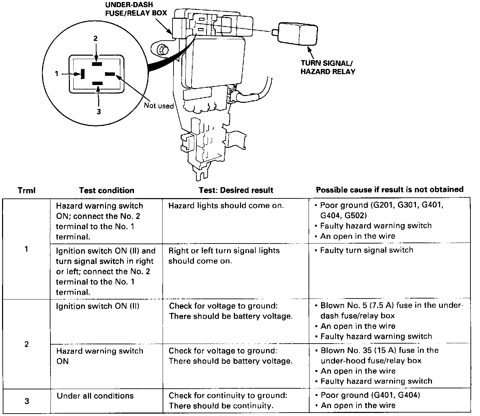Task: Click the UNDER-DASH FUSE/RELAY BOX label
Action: pos(136,9)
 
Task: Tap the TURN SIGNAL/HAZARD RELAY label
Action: pos(328,67)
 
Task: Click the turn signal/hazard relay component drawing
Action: pos(298,33)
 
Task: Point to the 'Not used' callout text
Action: pos(159,106)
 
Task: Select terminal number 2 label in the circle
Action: pos(96,39)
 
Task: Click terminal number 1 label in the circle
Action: pos(57,73)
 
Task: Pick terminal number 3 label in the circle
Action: pos(99,112)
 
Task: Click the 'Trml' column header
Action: pos(27,190)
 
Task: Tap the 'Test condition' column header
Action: pos(106,190)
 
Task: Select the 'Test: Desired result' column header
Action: pos(236,190)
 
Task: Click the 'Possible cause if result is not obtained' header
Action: pos(390,190)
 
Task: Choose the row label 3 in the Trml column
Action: pos(27,401)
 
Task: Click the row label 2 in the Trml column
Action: pos(27,344)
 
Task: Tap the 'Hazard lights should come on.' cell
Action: pos(226,206)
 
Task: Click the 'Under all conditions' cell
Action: pos(95,396)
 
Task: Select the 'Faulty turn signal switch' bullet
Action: pos(366,250)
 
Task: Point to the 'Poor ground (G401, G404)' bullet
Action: pos(370,395)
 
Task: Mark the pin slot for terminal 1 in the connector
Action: pos(82,74)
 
